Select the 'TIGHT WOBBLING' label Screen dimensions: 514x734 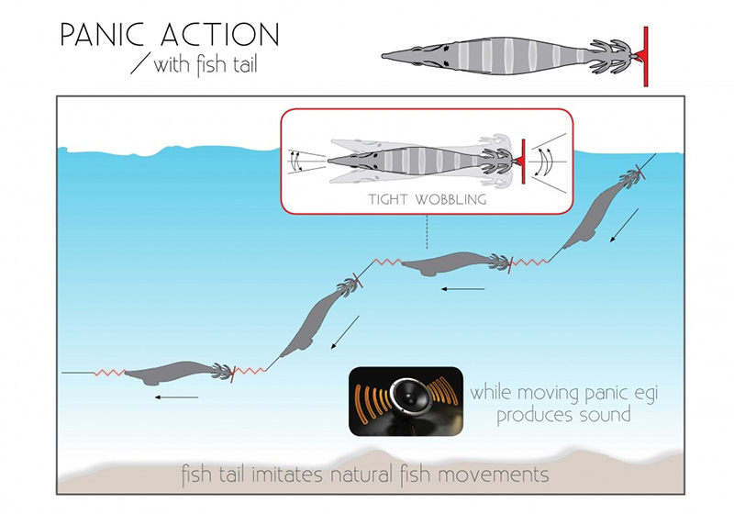[x=427, y=196]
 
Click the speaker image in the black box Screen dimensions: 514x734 [x=405, y=400]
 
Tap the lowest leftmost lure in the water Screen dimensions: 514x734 [x=174, y=373]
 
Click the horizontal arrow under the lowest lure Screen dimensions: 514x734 [x=176, y=397]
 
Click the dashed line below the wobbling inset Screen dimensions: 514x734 [x=427, y=229]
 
